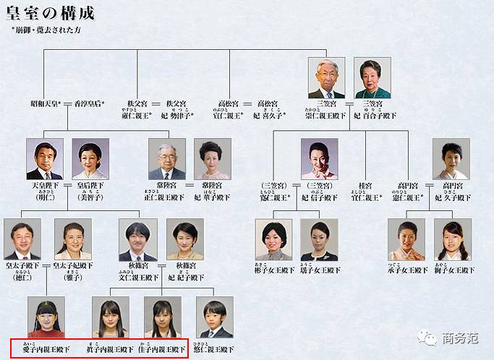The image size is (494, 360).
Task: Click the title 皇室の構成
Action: pos(49,14)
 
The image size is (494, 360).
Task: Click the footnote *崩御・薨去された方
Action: pos(43,31)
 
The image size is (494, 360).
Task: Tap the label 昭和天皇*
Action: pos(45,104)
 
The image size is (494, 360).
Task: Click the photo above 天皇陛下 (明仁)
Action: pos(45,159)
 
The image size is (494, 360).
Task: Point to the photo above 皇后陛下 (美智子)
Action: pos(90,159)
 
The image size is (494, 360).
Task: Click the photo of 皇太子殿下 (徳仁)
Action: pos(22,239)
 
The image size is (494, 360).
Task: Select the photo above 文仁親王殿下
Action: pos(138,239)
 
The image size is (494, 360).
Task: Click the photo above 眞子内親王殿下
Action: pos(110,317)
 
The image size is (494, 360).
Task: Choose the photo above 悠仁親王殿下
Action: pos(214,317)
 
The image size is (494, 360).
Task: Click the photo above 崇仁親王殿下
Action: pos(326,78)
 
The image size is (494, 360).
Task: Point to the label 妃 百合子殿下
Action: pos(375,115)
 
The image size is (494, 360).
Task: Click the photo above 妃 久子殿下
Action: pos(451,159)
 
